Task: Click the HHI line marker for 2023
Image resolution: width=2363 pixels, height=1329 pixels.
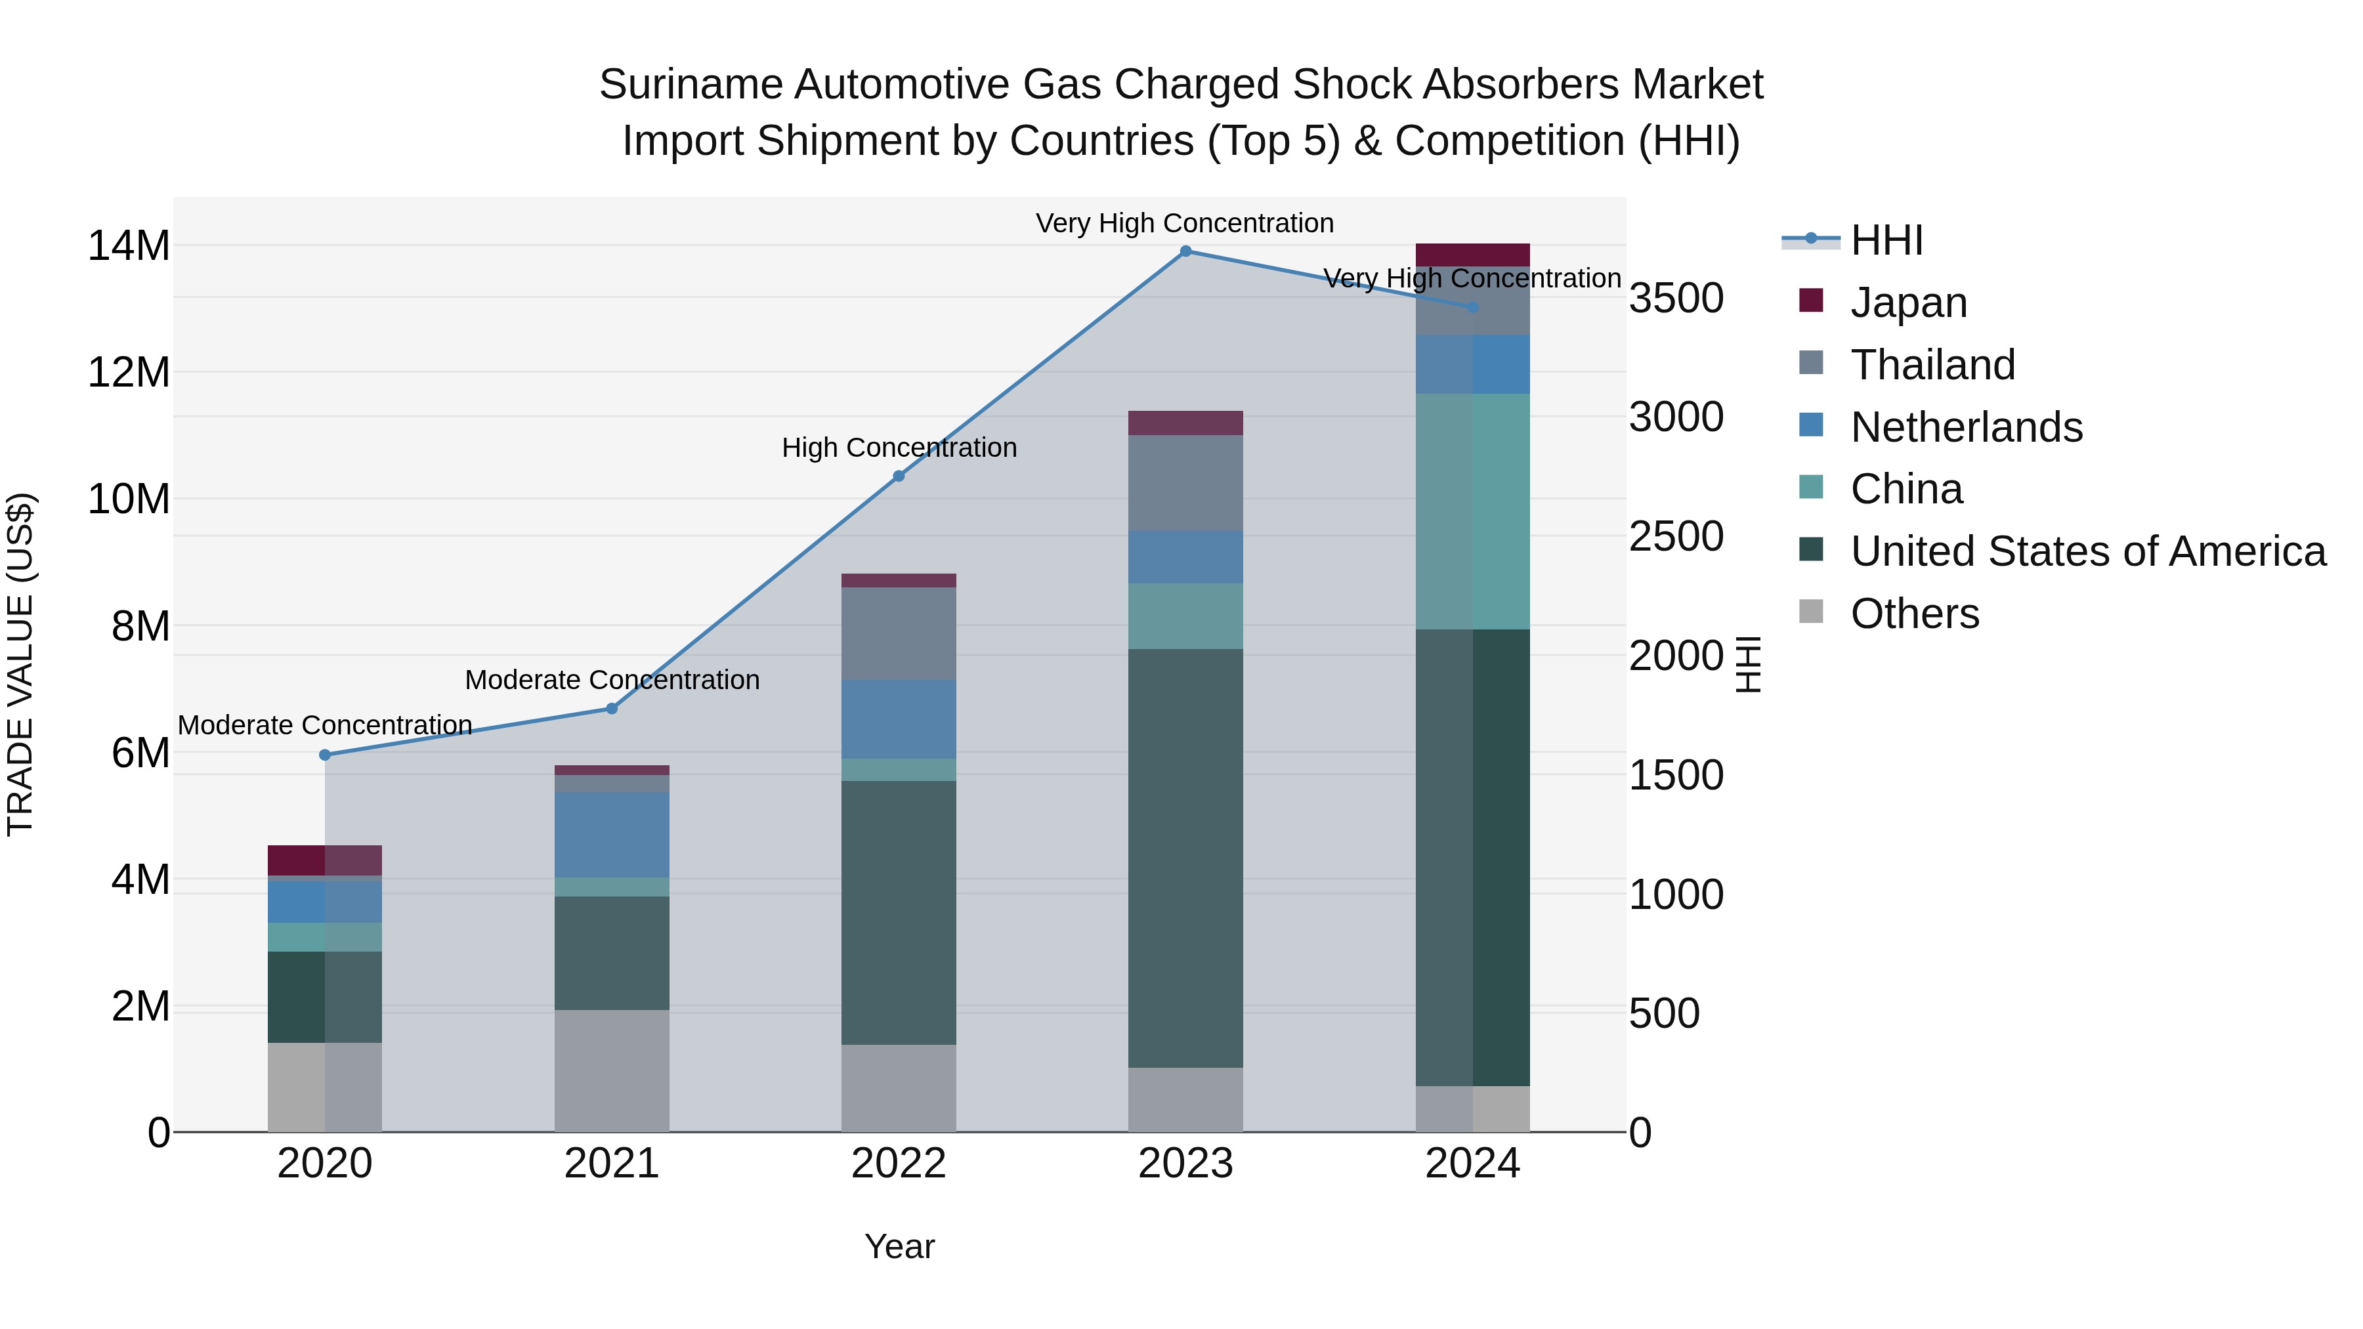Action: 1185,251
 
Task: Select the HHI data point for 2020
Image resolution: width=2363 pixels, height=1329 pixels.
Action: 325,755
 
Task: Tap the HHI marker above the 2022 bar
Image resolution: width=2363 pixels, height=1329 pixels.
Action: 899,476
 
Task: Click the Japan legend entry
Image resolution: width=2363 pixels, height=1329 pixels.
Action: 1908,303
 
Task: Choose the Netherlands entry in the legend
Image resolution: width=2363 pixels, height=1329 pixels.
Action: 1966,427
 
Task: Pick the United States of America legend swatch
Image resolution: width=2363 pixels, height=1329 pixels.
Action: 1811,551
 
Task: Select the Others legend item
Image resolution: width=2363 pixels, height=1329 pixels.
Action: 1915,614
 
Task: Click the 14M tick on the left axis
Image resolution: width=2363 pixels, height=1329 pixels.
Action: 129,246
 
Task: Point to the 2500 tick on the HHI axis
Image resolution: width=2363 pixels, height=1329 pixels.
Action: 1676,537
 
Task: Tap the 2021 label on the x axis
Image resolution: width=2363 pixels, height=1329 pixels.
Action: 612,1164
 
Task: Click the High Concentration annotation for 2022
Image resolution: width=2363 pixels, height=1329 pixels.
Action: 899,448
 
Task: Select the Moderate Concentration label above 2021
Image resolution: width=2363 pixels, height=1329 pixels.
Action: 612,680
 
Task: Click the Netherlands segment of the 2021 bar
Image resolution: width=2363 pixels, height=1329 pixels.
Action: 612,835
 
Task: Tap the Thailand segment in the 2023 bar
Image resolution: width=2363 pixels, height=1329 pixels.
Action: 1185,483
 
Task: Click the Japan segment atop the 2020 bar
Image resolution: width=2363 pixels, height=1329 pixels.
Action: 325,860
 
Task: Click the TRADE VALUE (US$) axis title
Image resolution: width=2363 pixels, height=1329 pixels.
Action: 20,664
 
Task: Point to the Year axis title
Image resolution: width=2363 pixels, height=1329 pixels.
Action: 899,1246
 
